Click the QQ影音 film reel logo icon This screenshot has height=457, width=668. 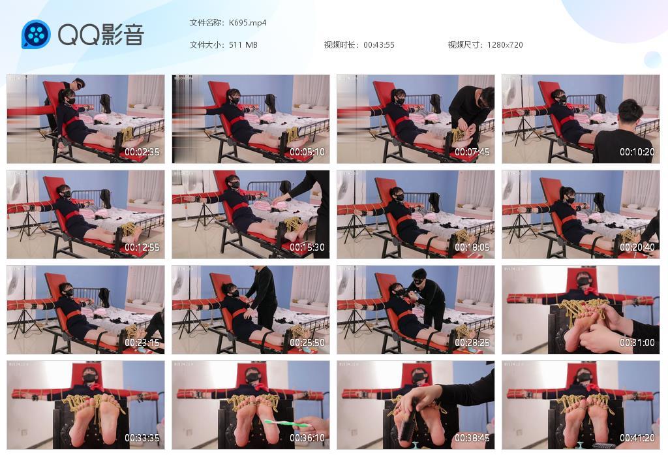[x=36, y=35]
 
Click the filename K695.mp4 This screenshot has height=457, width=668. [x=247, y=22]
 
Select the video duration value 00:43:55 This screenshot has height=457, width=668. [x=378, y=45]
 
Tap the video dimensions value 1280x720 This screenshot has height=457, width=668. [x=504, y=45]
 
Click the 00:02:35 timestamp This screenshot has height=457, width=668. [x=142, y=152]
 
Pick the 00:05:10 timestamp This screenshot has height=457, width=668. [x=307, y=152]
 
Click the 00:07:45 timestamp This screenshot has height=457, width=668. [x=472, y=152]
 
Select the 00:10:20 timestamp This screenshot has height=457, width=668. [x=637, y=152]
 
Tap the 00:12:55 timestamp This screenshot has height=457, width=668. [x=142, y=247]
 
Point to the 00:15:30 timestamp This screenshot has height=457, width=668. [x=307, y=247]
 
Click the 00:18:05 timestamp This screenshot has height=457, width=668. [x=472, y=247]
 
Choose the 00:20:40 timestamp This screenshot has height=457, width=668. [x=637, y=247]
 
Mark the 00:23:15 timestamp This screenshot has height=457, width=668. [x=142, y=343]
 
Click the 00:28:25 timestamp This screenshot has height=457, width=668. [x=472, y=343]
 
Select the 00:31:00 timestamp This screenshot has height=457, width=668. [x=637, y=343]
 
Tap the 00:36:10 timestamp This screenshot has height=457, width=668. [x=307, y=438]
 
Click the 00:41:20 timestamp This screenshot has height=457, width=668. [x=637, y=438]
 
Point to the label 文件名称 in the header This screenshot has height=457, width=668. [x=205, y=22]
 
